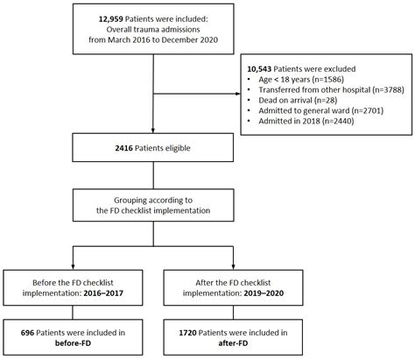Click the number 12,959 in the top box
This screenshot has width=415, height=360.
tap(114, 18)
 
